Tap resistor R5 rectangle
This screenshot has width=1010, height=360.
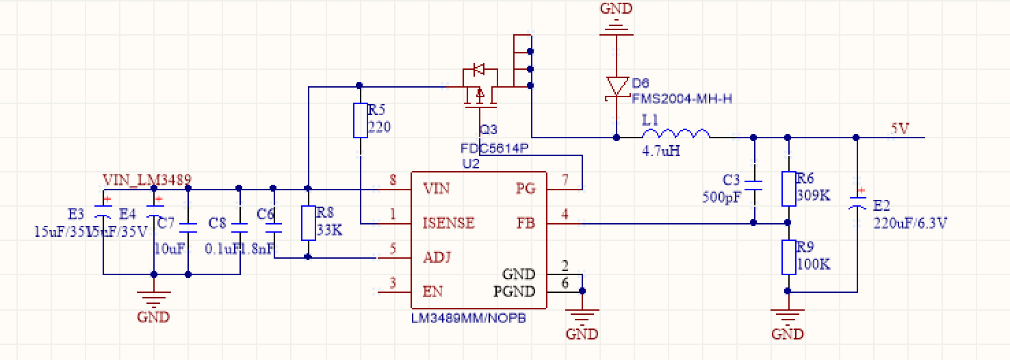pyautogui.click(x=361, y=120)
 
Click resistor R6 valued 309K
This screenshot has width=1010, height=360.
pyautogui.click(x=788, y=189)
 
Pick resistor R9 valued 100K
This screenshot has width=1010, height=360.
pyautogui.click(x=788, y=257)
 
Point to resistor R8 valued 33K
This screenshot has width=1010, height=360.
pyautogui.click(x=308, y=223)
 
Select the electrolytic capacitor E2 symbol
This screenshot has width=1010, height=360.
pyautogui.click(x=857, y=203)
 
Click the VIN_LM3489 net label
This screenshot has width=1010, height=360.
pyautogui.click(x=147, y=180)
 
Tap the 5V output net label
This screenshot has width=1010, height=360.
pyautogui.click(x=898, y=129)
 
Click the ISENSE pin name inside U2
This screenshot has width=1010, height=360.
pyautogui.click(x=449, y=223)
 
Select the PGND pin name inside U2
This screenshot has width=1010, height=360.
pyautogui.click(x=515, y=292)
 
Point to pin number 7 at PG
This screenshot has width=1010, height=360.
pyautogui.click(x=565, y=181)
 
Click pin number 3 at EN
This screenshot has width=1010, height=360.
pyautogui.click(x=393, y=283)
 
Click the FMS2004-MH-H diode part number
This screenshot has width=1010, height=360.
pyautogui.click(x=682, y=99)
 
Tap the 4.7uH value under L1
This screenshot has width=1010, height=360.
pyautogui.click(x=661, y=151)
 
